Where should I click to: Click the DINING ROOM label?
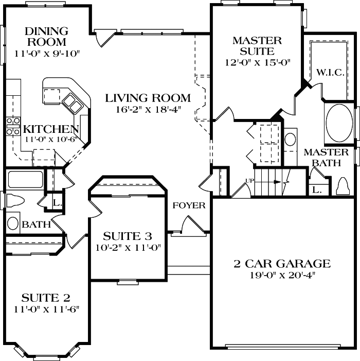[46, 37]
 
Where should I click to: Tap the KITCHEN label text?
[51, 129]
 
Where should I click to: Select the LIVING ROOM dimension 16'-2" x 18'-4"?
[147, 109]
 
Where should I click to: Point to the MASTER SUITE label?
[257, 45]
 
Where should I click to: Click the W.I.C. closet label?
[330, 72]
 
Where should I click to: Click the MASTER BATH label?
[326, 157]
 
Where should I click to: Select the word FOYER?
[189, 205]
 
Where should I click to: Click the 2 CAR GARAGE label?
[282, 264]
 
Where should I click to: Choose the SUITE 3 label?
[128, 236]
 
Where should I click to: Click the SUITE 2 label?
[46, 298]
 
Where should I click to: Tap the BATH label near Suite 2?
[36, 225]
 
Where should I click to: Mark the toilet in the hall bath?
[14, 201]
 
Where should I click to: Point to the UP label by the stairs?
[250, 180]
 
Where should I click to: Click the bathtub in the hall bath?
[25, 180]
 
